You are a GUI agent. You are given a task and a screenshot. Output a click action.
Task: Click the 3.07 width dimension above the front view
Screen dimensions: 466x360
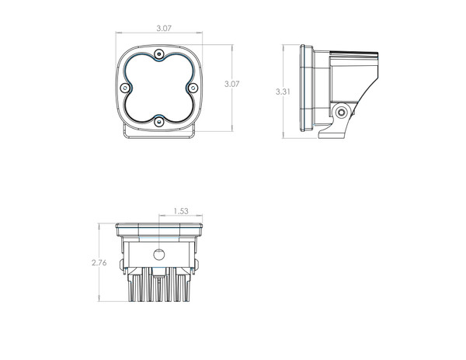164,28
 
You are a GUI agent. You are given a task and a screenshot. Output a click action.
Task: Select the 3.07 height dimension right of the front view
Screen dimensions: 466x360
231,84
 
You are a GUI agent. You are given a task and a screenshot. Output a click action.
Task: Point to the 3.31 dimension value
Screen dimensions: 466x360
283,92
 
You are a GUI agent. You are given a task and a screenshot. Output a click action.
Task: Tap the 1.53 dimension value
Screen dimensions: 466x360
181,211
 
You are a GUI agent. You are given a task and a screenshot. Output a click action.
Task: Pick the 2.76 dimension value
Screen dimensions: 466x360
99,263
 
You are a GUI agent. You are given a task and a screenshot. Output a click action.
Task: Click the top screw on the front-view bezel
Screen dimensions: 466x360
159,54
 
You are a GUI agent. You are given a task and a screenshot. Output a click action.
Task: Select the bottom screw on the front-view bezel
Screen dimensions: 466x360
159,122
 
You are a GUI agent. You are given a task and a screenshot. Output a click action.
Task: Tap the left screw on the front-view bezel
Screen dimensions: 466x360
125,88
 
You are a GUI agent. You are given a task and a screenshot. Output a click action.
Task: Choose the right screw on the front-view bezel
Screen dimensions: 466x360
193,88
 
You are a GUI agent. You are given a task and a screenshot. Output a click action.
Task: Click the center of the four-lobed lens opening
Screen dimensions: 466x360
159,88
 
